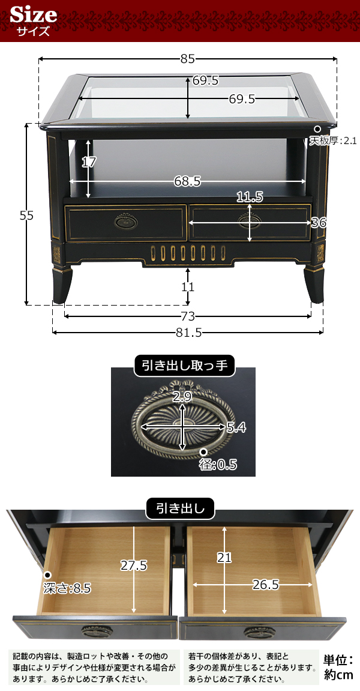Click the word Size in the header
tap(34, 14)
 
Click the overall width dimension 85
tap(187, 59)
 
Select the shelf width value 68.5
tap(187, 181)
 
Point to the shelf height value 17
tap(89, 162)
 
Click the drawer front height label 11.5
tap(250, 196)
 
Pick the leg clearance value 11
tap(188, 287)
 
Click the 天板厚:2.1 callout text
tap(333, 141)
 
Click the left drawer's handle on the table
tap(125, 222)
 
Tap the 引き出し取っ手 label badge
tap(184, 365)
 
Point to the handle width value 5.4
tap(236, 427)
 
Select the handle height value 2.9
tap(182, 396)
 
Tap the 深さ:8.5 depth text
tap(67, 588)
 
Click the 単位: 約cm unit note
tap(338, 667)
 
